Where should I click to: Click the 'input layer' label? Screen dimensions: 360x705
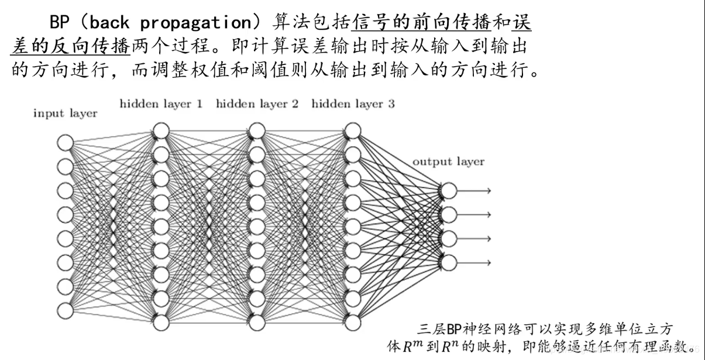[x=65, y=114]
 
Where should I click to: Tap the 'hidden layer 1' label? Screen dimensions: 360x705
[x=161, y=104]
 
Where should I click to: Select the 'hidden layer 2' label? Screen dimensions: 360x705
[x=257, y=104]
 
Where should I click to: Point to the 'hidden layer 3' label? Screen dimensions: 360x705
[x=353, y=104]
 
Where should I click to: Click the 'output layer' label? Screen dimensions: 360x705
[x=448, y=162]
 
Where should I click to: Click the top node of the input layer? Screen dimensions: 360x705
[x=66, y=142]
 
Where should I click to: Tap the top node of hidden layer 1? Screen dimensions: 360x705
[x=161, y=131]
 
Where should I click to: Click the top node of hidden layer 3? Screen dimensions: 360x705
[x=353, y=131]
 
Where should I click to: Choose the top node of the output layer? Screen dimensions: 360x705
[x=449, y=191]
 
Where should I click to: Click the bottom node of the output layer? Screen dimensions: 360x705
[x=449, y=262]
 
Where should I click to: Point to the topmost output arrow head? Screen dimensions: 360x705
[x=488, y=191]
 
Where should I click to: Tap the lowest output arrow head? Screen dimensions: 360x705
[x=488, y=262]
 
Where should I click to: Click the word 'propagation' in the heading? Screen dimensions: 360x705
[x=198, y=24]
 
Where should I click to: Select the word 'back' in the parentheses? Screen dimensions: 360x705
[x=111, y=24]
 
